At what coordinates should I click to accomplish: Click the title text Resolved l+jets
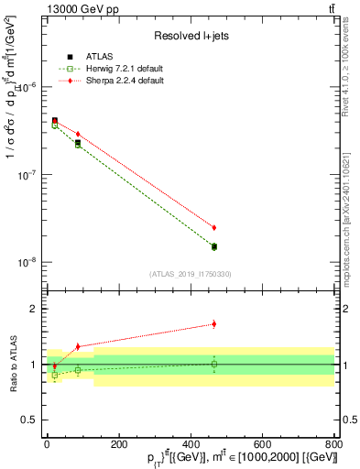pos(190,36)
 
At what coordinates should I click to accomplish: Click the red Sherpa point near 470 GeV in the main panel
pos(214,227)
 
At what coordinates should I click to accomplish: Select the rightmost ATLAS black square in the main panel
pos(214,246)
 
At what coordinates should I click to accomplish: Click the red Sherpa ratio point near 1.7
pos(214,323)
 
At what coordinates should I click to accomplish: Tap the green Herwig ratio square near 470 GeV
pos(214,364)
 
